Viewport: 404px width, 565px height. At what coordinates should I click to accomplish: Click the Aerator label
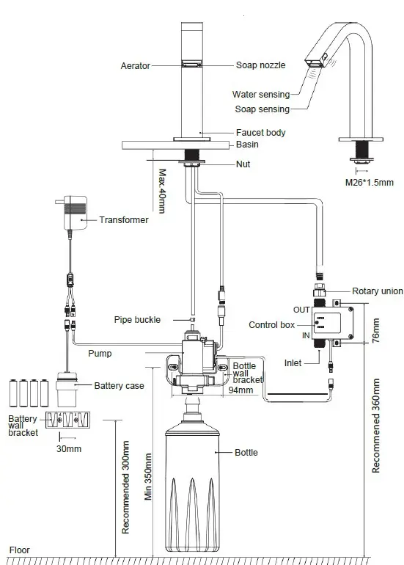(x=135, y=66)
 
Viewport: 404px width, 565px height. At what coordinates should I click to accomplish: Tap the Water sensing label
(x=261, y=94)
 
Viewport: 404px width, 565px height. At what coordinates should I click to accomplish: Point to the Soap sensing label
(x=261, y=109)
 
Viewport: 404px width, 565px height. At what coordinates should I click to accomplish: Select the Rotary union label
(x=378, y=291)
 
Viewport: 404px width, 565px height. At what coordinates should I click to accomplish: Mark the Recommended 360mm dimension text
(x=376, y=426)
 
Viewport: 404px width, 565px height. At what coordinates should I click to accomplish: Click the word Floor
(x=19, y=550)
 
